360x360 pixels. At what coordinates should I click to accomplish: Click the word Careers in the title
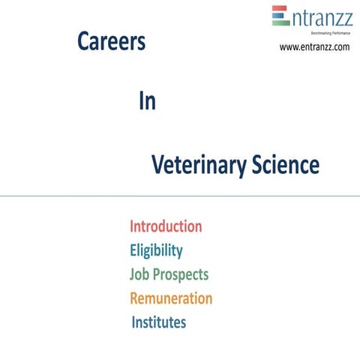[x=111, y=43]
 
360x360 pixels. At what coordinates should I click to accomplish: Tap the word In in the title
[x=147, y=103]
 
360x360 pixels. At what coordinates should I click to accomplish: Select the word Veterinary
[x=196, y=165]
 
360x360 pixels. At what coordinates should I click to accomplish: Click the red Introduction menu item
[x=166, y=226]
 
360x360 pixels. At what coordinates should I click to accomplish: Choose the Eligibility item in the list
[x=156, y=250]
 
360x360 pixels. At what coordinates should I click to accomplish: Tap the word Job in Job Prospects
[x=140, y=274]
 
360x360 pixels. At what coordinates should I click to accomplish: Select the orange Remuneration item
[x=171, y=298]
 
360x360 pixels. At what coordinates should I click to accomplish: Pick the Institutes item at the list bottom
[x=159, y=323]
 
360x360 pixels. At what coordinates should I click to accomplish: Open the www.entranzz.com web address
[x=314, y=47]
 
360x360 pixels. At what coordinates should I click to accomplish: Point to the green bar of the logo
[x=280, y=23]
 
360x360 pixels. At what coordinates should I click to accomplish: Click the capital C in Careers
[x=83, y=43]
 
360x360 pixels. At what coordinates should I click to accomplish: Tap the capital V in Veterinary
[x=157, y=165]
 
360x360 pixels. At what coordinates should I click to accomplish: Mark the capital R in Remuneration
[x=135, y=298]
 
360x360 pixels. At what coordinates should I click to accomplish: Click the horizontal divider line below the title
[x=180, y=196]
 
